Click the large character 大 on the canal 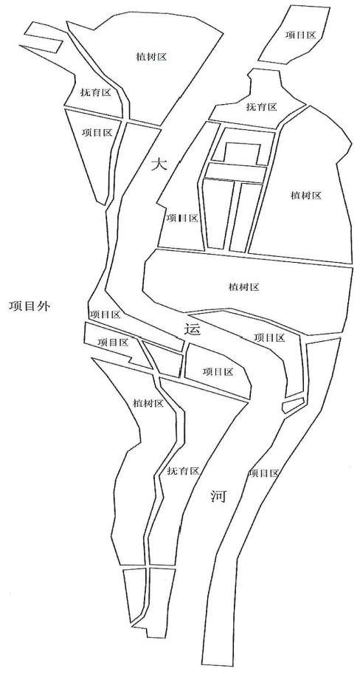pos(159,164)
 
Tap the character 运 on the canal pos(192,329)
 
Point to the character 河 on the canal pos(218,497)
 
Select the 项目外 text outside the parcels pos(30,306)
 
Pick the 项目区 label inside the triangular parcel pos(97,132)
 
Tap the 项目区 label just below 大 pos(181,218)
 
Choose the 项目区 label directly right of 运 pos(269,337)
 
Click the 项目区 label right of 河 pos(264,473)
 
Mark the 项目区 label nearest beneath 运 pos(218,372)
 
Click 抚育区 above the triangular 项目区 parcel pos(96,92)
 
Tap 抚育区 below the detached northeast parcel pos(261,107)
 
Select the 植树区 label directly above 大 pos(150,57)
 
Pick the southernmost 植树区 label pos(148,403)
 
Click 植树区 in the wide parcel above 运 pos(243,287)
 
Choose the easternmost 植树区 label pos(306,196)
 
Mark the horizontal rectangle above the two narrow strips pos(235,172)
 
